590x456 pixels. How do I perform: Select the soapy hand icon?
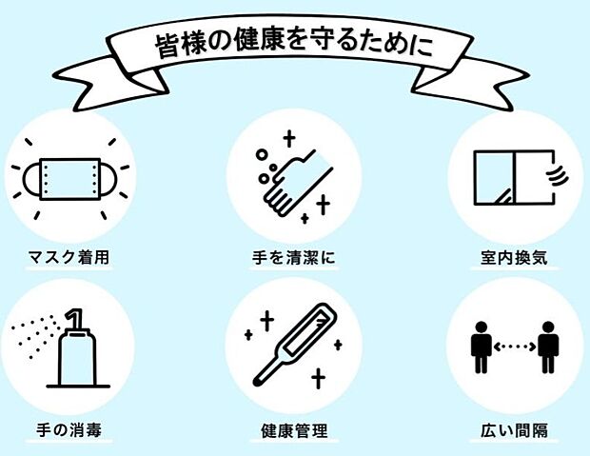(293, 176)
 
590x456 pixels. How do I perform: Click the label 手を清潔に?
(294, 258)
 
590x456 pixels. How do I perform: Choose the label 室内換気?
(515, 258)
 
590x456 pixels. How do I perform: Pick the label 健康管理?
(294, 430)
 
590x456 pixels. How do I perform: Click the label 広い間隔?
(515, 430)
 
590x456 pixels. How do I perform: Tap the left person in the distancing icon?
(482, 347)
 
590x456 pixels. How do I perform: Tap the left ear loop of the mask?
(23, 179)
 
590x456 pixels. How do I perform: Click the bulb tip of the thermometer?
(258, 382)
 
